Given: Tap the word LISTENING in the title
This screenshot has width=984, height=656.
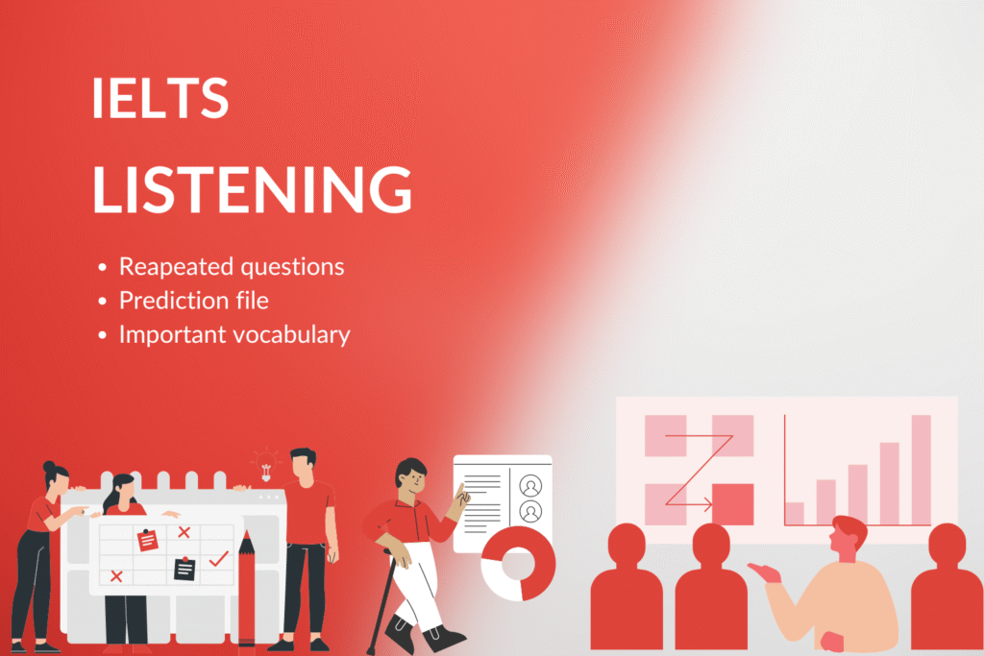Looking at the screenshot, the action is click(253, 189).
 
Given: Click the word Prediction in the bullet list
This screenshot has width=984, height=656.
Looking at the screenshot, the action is click(173, 301).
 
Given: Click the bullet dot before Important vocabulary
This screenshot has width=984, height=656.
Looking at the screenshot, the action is click(102, 335).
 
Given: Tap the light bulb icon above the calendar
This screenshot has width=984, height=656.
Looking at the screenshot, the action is click(265, 465).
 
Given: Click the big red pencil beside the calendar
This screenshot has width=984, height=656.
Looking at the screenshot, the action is click(247, 588).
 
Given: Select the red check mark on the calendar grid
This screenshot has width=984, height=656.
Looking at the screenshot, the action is click(218, 557).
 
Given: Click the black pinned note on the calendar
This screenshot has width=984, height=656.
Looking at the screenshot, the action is click(184, 568).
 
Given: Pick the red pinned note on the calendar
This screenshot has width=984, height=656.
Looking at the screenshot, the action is click(147, 540).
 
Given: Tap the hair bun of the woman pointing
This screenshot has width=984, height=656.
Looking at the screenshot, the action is click(49, 467).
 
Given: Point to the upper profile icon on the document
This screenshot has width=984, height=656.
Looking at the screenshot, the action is click(530, 486).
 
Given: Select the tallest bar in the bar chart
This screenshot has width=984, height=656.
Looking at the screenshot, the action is click(921, 470).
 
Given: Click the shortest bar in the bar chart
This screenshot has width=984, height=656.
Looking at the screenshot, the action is click(795, 514).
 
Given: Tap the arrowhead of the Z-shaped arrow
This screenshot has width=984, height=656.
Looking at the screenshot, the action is click(708, 504).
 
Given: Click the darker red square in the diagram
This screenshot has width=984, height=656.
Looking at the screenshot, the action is click(733, 504).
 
